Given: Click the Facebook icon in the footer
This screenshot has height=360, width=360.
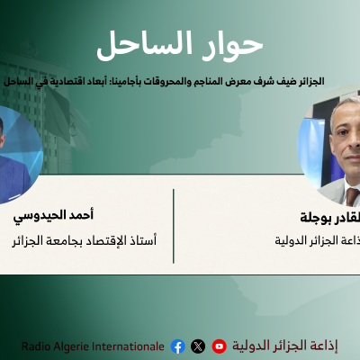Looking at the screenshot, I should click(177, 346).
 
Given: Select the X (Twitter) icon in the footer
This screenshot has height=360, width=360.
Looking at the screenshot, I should click(198, 346).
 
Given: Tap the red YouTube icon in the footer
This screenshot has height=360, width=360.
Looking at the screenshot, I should click(219, 346).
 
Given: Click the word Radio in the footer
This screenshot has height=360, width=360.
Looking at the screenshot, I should click(37, 346).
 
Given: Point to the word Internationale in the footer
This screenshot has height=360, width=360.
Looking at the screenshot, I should click(127, 346).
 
